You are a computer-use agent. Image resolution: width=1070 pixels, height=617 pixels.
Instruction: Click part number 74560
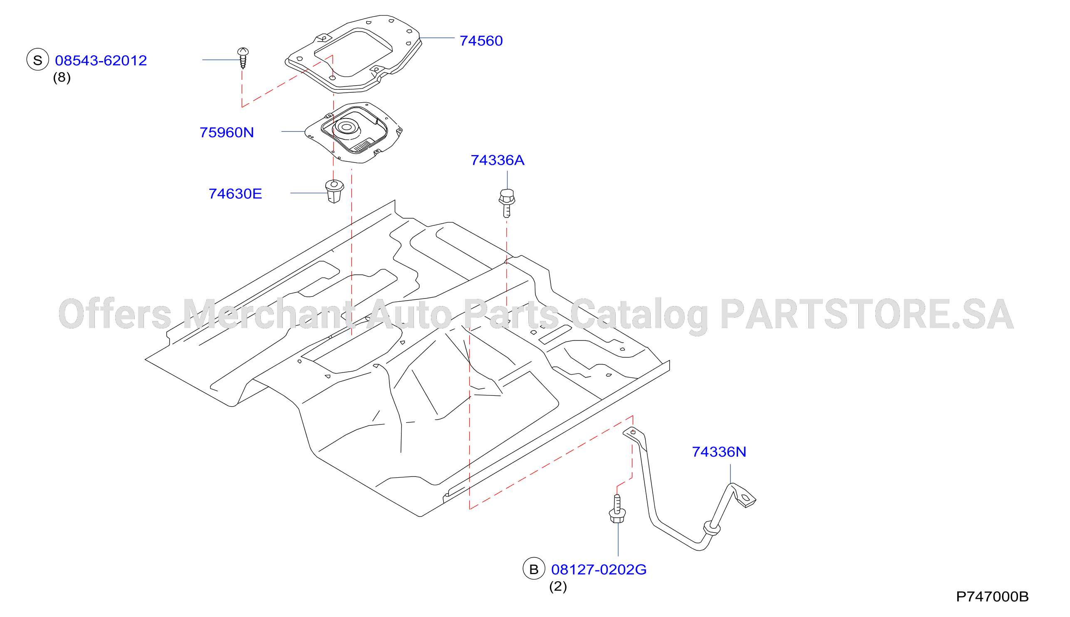pyautogui.click(x=481, y=41)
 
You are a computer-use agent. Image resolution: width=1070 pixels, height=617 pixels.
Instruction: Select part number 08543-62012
pyautogui.click(x=101, y=61)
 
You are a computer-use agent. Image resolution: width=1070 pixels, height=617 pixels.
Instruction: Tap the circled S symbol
pyautogui.click(x=38, y=59)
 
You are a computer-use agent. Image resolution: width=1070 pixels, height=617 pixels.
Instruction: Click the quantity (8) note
pyautogui.click(x=62, y=78)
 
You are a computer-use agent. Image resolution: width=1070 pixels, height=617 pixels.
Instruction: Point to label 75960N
pyautogui.click(x=227, y=133)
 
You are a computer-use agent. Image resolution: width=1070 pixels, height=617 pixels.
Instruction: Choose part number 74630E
pyautogui.click(x=235, y=194)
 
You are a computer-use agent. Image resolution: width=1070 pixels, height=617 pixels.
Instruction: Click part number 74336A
pyautogui.click(x=498, y=160)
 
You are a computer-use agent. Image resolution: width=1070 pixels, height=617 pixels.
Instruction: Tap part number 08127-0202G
pyautogui.click(x=599, y=570)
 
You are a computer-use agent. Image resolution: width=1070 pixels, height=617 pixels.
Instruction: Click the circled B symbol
pyautogui.click(x=534, y=568)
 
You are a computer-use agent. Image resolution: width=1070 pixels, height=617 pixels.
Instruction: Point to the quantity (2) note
pyautogui.click(x=558, y=587)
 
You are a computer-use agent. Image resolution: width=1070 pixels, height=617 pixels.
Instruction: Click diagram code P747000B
pyautogui.click(x=993, y=597)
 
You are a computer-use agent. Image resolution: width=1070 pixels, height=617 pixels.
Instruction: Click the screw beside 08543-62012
pyautogui.click(x=243, y=58)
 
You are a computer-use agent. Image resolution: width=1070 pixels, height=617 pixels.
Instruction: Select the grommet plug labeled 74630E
pyautogui.click(x=334, y=192)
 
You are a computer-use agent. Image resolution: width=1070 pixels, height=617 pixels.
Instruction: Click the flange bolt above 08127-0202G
pyautogui.click(x=617, y=509)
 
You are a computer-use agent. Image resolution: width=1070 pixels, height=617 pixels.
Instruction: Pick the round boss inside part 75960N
pyautogui.click(x=347, y=127)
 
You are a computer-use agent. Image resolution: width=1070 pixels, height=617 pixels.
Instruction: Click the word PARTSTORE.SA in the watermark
pyautogui.click(x=867, y=314)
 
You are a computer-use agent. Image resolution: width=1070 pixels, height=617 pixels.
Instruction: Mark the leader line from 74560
pyautogui.click(x=437, y=38)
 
